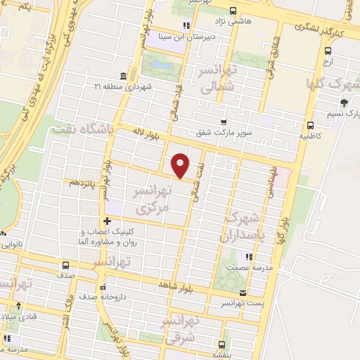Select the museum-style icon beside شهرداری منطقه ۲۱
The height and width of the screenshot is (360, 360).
click(123, 76)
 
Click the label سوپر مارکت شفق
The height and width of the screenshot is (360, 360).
click(224, 131)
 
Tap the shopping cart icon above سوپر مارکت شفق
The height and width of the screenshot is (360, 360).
click(224, 121)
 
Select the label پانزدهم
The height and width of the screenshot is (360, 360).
click(84, 182)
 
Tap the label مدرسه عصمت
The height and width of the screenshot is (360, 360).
click(261, 268)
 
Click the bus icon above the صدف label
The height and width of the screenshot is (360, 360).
click(65, 265)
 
